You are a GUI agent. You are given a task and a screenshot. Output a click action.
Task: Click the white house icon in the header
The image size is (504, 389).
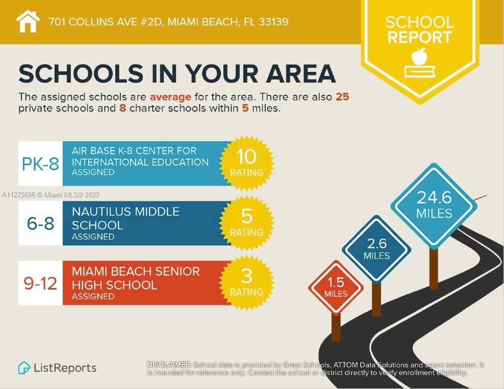(x=28, y=21)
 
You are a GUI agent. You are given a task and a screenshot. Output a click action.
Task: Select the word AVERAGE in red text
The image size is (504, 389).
(x=170, y=97)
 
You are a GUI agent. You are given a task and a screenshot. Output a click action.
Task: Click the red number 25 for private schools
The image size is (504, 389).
(x=342, y=97)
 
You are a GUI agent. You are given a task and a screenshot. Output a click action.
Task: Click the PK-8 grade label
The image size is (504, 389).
(x=40, y=164)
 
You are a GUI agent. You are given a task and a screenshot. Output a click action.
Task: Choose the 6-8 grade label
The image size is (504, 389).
(x=40, y=223)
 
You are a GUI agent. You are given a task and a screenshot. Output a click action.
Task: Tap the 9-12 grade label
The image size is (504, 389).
(x=40, y=283)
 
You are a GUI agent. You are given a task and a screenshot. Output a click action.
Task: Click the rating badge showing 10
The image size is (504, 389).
(x=246, y=163)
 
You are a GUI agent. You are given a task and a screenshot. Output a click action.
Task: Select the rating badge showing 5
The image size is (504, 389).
(x=246, y=223)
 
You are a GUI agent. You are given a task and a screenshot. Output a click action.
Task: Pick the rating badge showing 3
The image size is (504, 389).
(x=246, y=282)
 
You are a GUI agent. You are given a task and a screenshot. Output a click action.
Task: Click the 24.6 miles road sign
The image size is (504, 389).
(x=434, y=205)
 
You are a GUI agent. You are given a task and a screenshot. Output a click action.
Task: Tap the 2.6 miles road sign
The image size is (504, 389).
(x=376, y=249)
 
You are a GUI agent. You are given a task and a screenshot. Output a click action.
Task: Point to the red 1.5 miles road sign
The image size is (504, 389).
(x=336, y=288)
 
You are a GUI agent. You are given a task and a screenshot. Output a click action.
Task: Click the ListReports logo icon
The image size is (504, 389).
(x=23, y=368)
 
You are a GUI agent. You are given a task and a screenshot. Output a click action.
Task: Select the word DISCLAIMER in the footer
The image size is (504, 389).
(x=169, y=365)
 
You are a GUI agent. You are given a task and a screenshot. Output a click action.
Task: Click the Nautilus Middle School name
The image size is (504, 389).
(x=125, y=218)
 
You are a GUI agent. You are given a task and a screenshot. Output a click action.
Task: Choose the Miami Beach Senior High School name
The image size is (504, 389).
(x=136, y=278)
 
